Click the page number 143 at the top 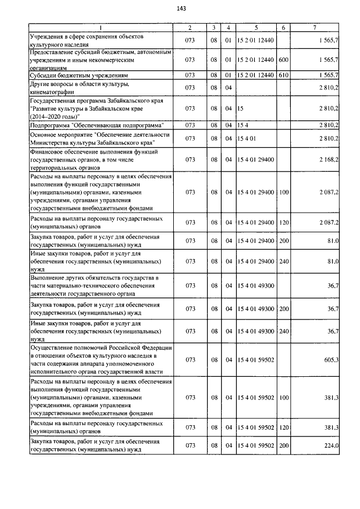coord(181,8)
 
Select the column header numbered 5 coord(256,27)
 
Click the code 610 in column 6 coord(283,75)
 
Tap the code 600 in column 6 coord(283,59)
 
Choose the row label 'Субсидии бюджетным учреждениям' coord(80,75)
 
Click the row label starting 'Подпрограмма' coord(97,124)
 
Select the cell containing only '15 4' coord(242,124)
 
